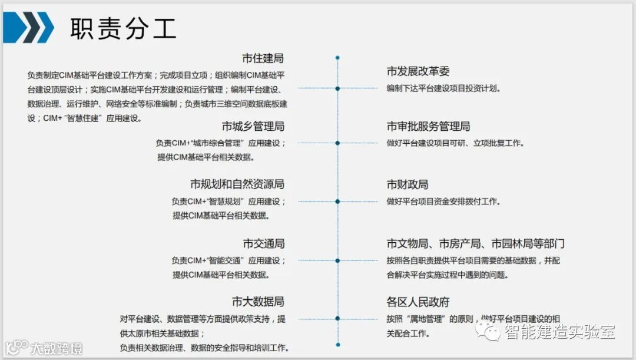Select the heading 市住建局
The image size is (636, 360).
263,58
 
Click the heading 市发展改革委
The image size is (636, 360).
418,71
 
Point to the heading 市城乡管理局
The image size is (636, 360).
253,126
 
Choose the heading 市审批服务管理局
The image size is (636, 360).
428,126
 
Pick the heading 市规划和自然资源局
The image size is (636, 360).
237,184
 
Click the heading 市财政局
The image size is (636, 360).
408,184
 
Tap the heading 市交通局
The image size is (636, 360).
263,243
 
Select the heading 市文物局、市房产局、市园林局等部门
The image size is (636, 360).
476,243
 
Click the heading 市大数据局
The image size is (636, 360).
258,302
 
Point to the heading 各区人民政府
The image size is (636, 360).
418,302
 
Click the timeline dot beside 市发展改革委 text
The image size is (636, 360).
337,88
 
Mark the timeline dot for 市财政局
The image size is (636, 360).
337,202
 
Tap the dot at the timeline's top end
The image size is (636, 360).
337,58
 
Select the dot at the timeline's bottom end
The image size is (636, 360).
337,344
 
